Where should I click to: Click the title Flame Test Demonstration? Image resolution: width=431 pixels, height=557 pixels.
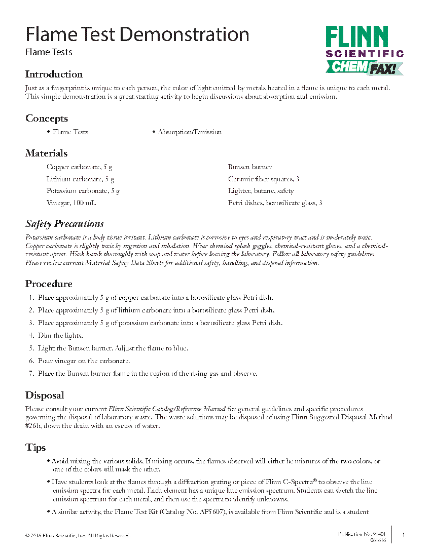click(x=137, y=34)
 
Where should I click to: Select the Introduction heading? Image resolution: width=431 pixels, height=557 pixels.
click(x=54, y=74)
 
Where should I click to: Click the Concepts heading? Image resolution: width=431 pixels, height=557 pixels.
click(x=47, y=118)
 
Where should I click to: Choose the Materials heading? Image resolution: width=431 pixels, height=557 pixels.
click(x=46, y=153)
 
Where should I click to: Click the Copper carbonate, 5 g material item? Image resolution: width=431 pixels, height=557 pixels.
click(x=80, y=167)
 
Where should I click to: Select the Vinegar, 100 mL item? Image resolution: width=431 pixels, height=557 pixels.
click(x=71, y=203)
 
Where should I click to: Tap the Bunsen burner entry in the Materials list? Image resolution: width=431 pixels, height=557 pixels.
click(x=250, y=167)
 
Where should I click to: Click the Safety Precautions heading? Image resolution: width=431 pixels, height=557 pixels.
click(x=64, y=224)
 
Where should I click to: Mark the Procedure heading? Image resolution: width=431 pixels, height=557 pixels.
click(x=49, y=284)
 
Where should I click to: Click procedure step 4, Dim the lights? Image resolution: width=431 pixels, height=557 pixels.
click(x=60, y=336)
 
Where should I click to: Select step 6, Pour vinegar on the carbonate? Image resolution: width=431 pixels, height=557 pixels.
click(x=84, y=361)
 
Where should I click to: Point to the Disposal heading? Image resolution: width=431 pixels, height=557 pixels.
click(x=45, y=395)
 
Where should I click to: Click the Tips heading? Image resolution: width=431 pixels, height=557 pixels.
click(x=35, y=448)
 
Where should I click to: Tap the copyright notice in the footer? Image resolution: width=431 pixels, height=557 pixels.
click(x=78, y=536)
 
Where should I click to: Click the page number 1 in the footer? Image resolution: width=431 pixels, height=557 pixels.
click(x=403, y=535)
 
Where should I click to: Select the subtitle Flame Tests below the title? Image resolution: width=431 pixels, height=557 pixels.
click(x=49, y=52)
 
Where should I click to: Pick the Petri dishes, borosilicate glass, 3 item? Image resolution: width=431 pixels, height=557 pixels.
click(x=275, y=203)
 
